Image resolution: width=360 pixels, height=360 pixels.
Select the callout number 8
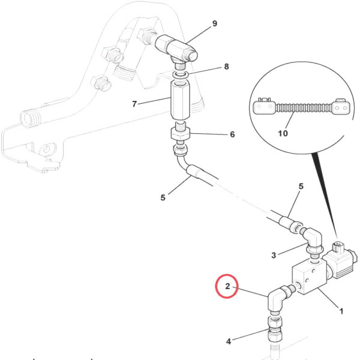click(x=226, y=67)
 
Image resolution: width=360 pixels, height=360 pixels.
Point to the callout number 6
click(x=232, y=134)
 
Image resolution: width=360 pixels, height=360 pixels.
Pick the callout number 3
click(x=273, y=255)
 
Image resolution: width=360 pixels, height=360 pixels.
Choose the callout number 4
click(x=228, y=342)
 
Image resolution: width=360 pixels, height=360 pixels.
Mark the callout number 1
click(x=341, y=311)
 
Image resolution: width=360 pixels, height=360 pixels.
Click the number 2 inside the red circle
click(x=227, y=286)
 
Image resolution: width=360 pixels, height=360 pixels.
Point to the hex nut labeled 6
click(x=181, y=133)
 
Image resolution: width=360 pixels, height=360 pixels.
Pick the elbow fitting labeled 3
click(x=312, y=236)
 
